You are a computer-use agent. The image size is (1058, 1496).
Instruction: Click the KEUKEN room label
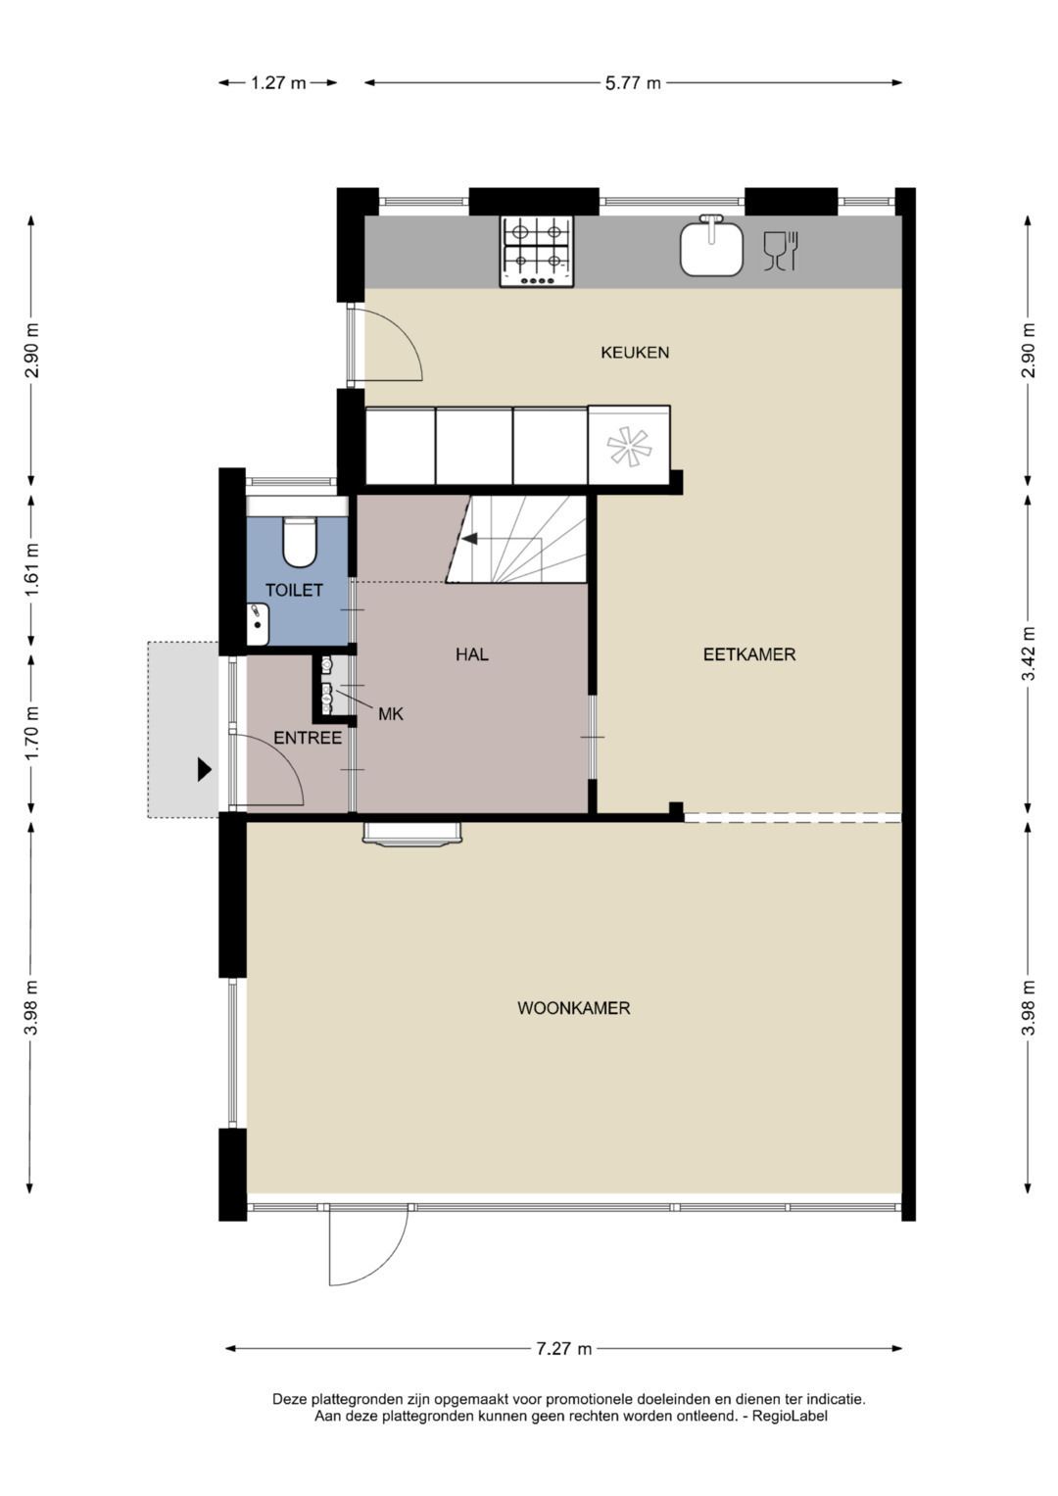tap(635, 353)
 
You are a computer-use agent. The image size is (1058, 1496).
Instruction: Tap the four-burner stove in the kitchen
tap(537, 251)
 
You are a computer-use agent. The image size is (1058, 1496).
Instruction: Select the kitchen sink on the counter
tap(711, 247)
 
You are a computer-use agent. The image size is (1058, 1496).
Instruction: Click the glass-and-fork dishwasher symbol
tap(782, 251)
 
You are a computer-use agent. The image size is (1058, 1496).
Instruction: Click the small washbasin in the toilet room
tap(257, 624)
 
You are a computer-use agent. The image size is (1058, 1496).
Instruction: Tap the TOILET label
tap(294, 591)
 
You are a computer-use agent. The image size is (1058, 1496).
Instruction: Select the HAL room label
tap(471, 654)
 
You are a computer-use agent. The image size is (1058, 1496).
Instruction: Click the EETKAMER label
tap(748, 654)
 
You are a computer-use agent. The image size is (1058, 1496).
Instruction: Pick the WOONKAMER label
tap(573, 1008)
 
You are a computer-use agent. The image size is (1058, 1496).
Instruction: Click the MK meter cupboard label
tap(390, 714)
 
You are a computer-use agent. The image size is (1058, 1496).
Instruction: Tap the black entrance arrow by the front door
tap(204, 769)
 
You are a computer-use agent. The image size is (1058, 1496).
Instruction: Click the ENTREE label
tap(307, 738)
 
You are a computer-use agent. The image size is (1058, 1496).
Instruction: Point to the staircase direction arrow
tap(471, 538)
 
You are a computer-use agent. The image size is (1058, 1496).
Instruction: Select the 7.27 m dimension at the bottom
tap(563, 1349)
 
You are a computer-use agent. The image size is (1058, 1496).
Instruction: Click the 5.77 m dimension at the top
tap(632, 83)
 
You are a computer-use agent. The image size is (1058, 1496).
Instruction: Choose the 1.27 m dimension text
tap(278, 83)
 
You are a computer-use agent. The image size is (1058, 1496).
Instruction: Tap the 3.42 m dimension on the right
tap(1028, 654)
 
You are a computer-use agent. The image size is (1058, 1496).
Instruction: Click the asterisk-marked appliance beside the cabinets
tap(629, 446)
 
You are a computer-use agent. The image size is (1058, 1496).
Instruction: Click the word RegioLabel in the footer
tap(790, 1416)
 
